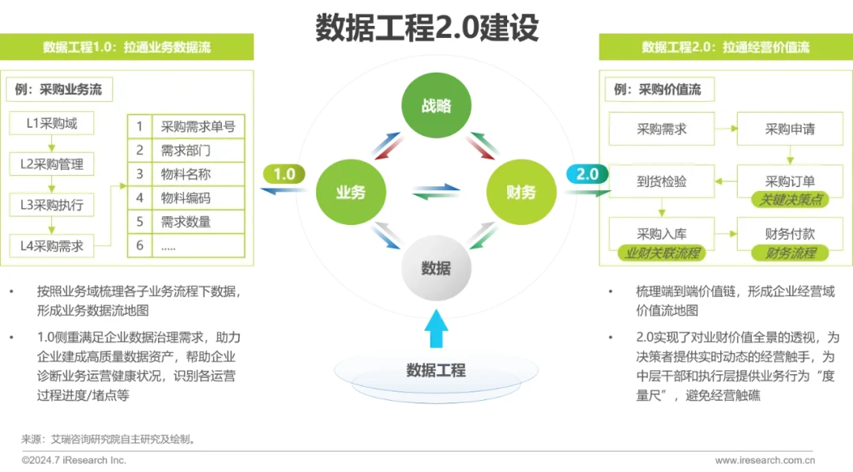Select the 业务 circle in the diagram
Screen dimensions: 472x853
click(350, 192)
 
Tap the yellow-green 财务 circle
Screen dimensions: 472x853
click(520, 192)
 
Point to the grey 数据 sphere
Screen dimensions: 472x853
click(435, 268)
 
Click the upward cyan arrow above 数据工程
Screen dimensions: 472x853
click(435, 328)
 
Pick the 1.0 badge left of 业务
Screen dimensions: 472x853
click(284, 174)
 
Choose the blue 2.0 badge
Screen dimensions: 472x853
click(587, 174)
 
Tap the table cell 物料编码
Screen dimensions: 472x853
click(197, 198)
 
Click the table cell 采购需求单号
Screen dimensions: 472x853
click(197, 126)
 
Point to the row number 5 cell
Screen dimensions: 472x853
click(140, 222)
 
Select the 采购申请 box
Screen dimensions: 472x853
click(790, 129)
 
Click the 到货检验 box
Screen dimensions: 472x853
click(662, 182)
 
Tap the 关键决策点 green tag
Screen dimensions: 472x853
click(791, 200)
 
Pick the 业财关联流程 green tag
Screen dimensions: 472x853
click(662, 253)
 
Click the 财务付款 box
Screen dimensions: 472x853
click(790, 234)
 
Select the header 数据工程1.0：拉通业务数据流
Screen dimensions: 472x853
click(127, 47)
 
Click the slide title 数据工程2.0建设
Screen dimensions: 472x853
click(427, 28)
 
